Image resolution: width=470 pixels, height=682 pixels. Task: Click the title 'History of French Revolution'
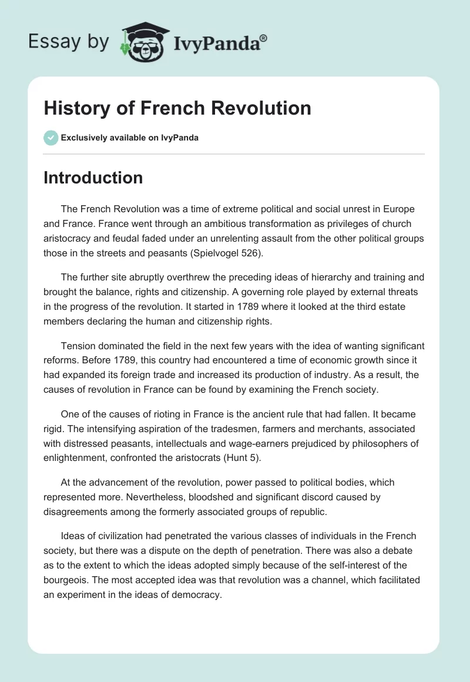[177, 108]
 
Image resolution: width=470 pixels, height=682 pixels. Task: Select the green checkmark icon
[51, 138]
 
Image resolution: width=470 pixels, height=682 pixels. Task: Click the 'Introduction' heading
[93, 178]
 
